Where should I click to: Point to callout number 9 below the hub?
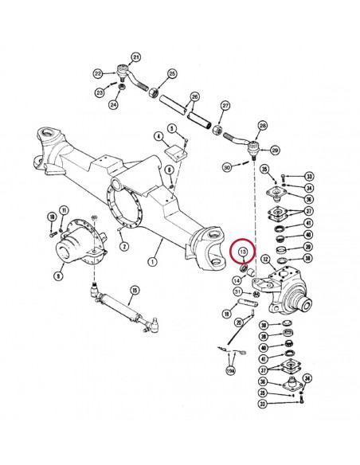tap(58, 275)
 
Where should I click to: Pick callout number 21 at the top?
tap(135, 57)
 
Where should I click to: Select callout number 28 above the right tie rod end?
tap(262, 126)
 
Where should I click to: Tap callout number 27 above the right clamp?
tap(225, 106)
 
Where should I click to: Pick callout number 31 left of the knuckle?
tap(237, 292)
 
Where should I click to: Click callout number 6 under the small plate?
tap(170, 170)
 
